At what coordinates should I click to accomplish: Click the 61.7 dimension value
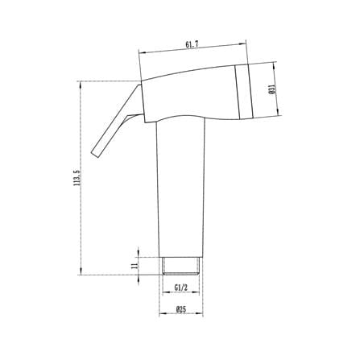pyautogui.click(x=192, y=44)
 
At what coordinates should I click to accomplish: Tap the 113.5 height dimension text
pyautogui.click(x=78, y=178)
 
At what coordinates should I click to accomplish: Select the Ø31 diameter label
pyautogui.click(x=271, y=89)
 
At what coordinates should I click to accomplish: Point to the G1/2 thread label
pyautogui.click(x=180, y=288)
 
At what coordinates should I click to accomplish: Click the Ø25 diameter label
pyautogui.click(x=181, y=309)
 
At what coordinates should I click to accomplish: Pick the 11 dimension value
pyautogui.click(x=134, y=266)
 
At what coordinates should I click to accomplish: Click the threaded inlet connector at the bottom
pyautogui.click(x=181, y=266)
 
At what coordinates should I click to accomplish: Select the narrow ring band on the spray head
pyautogui.click(x=244, y=92)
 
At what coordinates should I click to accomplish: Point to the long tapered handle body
pyautogui.click(x=181, y=188)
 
